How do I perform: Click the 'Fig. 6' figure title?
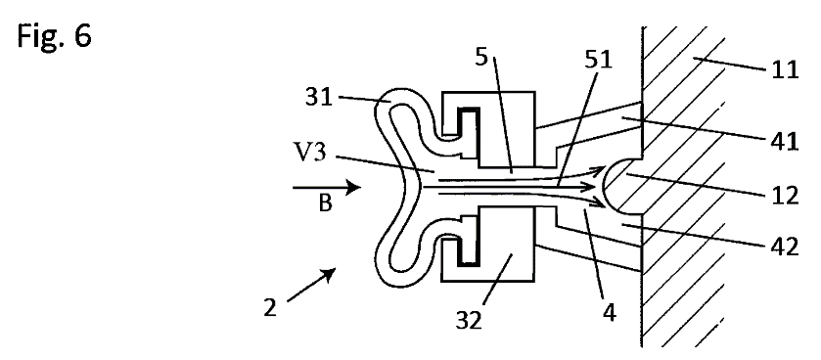click(x=55, y=36)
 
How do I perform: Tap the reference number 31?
click(x=319, y=97)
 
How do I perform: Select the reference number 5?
click(x=481, y=57)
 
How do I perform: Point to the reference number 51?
click(x=599, y=61)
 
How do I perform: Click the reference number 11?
click(x=786, y=69)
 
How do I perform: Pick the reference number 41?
click(x=785, y=141)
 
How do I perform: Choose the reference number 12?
click(x=785, y=196)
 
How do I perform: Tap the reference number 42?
click(x=785, y=246)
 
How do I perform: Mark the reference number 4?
click(x=610, y=312)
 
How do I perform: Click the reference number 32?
click(x=469, y=320)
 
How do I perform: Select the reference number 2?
click(x=270, y=308)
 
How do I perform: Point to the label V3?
click(x=310, y=154)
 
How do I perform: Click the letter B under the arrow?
click(x=325, y=203)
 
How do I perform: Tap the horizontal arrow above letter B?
click(x=327, y=187)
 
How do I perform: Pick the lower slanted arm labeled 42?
click(x=589, y=247)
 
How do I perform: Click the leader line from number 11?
click(x=732, y=65)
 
